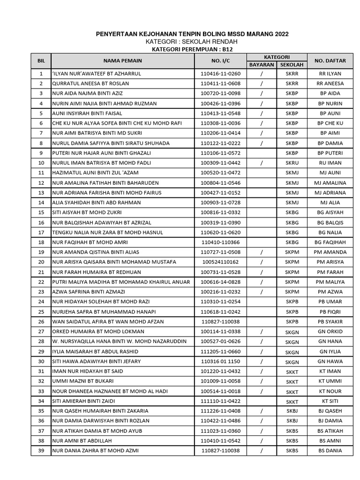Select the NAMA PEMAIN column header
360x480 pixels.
(x=123, y=60)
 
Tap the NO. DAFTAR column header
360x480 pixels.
(x=330, y=60)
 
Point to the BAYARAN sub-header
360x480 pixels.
(x=262, y=65)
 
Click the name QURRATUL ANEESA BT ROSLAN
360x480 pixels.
(x=91, y=83)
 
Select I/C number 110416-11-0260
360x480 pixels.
(x=220, y=74)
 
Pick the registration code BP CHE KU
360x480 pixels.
(x=330, y=123)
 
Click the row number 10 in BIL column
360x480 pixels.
(x=41, y=163)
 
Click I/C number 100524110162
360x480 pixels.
(x=220, y=262)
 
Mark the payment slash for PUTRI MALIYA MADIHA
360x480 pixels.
(x=262, y=282)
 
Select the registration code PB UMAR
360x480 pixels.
(x=330, y=302)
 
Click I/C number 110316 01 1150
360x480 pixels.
(x=220, y=361)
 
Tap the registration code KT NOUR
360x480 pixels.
(x=330, y=391)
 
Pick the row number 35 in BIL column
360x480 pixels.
(x=41, y=411)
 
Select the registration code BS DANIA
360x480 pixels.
(x=330, y=451)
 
